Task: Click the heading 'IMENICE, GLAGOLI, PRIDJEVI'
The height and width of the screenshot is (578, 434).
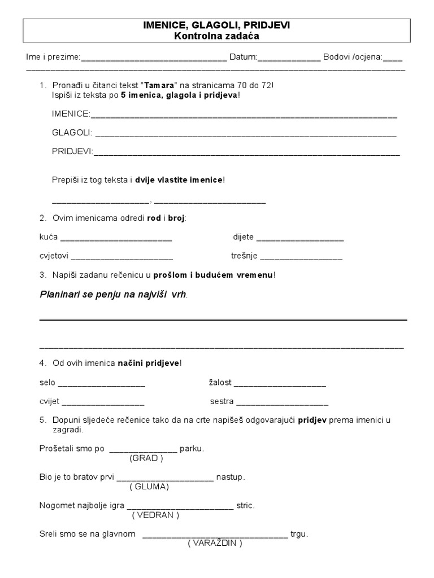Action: tap(217, 25)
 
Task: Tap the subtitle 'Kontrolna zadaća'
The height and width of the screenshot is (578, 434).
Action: tap(217, 36)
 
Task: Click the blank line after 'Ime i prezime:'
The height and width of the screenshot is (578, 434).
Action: tap(154, 58)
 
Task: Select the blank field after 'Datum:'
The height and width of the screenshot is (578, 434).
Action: tap(289, 58)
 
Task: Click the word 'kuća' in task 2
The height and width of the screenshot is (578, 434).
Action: tap(49, 237)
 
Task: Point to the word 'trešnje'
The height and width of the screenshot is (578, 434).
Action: tap(244, 256)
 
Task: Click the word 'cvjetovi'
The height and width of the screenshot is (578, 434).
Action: tap(54, 256)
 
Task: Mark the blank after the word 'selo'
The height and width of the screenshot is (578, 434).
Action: tap(102, 384)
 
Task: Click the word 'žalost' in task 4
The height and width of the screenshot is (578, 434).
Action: tap(220, 383)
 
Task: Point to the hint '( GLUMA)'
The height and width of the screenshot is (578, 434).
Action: tap(149, 486)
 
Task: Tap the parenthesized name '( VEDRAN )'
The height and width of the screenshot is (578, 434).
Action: tap(155, 515)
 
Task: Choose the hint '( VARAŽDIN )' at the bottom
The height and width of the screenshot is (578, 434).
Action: tap(215, 543)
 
